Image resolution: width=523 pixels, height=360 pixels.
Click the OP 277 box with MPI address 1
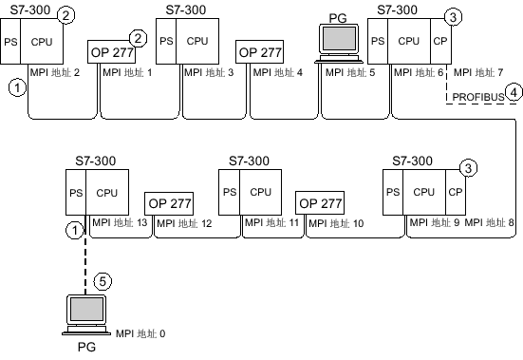coord(111,51)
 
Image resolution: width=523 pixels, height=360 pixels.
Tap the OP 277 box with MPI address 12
coord(170,203)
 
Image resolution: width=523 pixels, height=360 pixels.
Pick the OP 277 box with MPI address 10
coord(320,203)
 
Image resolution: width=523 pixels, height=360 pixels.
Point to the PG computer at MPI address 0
coord(86,314)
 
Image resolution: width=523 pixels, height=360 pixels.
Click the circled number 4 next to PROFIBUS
coord(514,93)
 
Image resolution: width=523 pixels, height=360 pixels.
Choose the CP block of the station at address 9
coord(455,191)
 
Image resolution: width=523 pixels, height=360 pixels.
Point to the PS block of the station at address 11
coord(228,191)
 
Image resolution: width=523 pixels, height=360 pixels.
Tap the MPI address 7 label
coord(479,71)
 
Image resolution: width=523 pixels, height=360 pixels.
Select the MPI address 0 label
coord(140,333)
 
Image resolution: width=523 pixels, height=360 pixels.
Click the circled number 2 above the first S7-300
coord(65,14)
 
